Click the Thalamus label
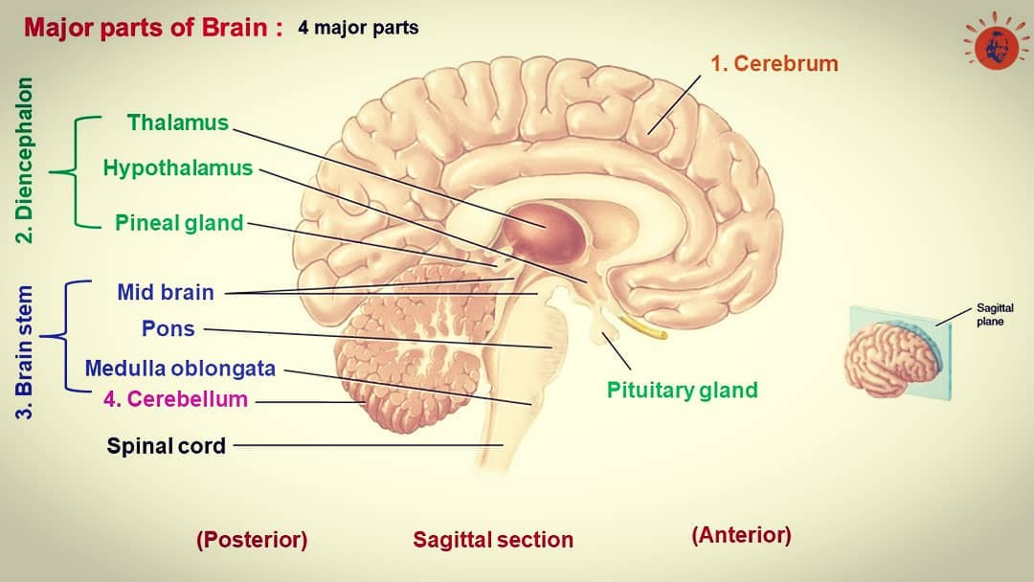pos(178,123)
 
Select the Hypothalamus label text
pos(178,168)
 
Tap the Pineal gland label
pos(179,223)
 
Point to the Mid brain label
pos(166,292)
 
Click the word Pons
pos(169,328)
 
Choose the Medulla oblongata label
pos(180,368)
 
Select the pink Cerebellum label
pos(175,399)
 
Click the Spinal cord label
pos(167,446)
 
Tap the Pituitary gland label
pos(682,391)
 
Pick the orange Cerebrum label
pos(775,63)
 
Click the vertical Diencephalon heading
pos(24,160)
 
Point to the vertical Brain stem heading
pos(24,352)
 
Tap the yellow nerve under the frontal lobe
pos(641,327)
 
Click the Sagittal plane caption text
pos(995,315)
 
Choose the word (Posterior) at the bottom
pos(252,540)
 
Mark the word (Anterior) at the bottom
pos(741,535)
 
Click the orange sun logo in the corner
pos(996,41)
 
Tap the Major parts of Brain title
pos(153,28)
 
